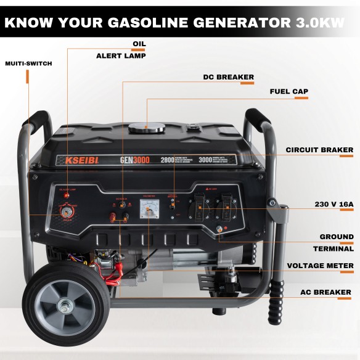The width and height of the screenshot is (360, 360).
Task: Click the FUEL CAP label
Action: [288, 92]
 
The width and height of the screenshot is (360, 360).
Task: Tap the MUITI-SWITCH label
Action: [28, 63]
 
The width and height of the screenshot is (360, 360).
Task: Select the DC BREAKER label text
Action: [228, 78]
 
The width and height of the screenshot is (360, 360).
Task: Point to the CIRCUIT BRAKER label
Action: [319, 150]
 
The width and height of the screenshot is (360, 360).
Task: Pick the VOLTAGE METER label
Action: [321, 266]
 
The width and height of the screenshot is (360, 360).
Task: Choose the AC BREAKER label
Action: [325, 292]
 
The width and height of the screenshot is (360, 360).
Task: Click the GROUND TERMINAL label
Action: [336, 243]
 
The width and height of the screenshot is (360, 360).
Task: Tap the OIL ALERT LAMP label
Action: [121, 50]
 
